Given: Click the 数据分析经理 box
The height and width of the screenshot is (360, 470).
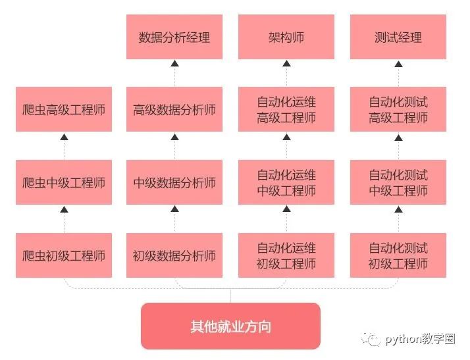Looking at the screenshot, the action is point(174,38).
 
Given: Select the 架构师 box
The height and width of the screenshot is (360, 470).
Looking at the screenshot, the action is point(286,38).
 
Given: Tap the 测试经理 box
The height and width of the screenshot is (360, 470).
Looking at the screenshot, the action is point(398,38).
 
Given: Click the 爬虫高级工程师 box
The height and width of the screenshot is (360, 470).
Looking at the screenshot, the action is point(64,110).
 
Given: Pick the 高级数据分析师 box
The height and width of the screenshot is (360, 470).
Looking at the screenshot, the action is point(174,110).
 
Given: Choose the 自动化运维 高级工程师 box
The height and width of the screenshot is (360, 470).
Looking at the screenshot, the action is point(286,110).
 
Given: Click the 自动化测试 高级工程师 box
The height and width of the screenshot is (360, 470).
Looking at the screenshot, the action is point(398,110).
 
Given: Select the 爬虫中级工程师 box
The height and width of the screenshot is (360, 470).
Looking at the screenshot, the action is point(64,183).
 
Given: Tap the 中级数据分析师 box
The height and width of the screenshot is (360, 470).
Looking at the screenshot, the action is point(174,183).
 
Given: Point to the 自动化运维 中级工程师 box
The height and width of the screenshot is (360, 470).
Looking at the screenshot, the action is point(286,183).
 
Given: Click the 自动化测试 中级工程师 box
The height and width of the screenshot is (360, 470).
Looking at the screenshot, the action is point(398,183).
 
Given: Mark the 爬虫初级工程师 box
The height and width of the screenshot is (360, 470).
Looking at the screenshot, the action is point(64,255).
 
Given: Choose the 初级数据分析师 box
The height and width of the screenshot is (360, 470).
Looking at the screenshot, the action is point(174,255).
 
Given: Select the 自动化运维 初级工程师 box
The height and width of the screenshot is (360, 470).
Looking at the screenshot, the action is point(286,255).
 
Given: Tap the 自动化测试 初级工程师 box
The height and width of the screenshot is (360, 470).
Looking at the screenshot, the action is point(398,255).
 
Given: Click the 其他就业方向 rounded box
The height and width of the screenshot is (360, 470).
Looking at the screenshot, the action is point(230,326).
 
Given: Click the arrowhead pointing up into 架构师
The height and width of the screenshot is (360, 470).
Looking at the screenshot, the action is point(286,64).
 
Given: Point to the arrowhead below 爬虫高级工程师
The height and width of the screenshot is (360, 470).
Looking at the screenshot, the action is point(64,137).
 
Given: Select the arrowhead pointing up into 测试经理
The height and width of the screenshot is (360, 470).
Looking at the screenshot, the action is point(398,64).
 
